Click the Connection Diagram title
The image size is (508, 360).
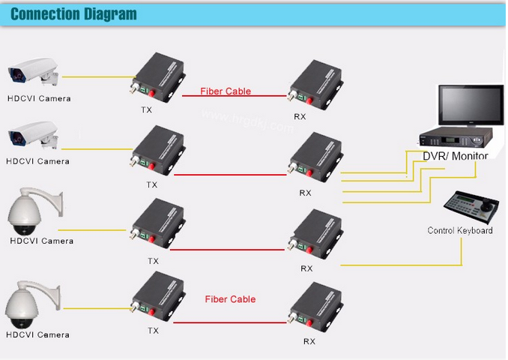73,14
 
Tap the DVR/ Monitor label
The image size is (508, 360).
455,156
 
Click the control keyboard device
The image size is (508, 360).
470,207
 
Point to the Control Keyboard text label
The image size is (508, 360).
459,230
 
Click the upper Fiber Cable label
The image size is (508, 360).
226,91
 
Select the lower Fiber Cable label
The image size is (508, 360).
230,299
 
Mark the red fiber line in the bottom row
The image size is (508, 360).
232,319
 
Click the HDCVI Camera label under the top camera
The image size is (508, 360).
37,97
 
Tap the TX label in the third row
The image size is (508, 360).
153,261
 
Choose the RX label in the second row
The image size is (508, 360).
305,193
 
